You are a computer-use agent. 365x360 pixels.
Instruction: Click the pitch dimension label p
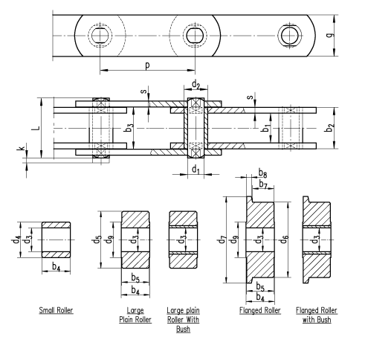click(x=147, y=65)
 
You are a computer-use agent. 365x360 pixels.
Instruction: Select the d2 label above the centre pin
click(x=196, y=85)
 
